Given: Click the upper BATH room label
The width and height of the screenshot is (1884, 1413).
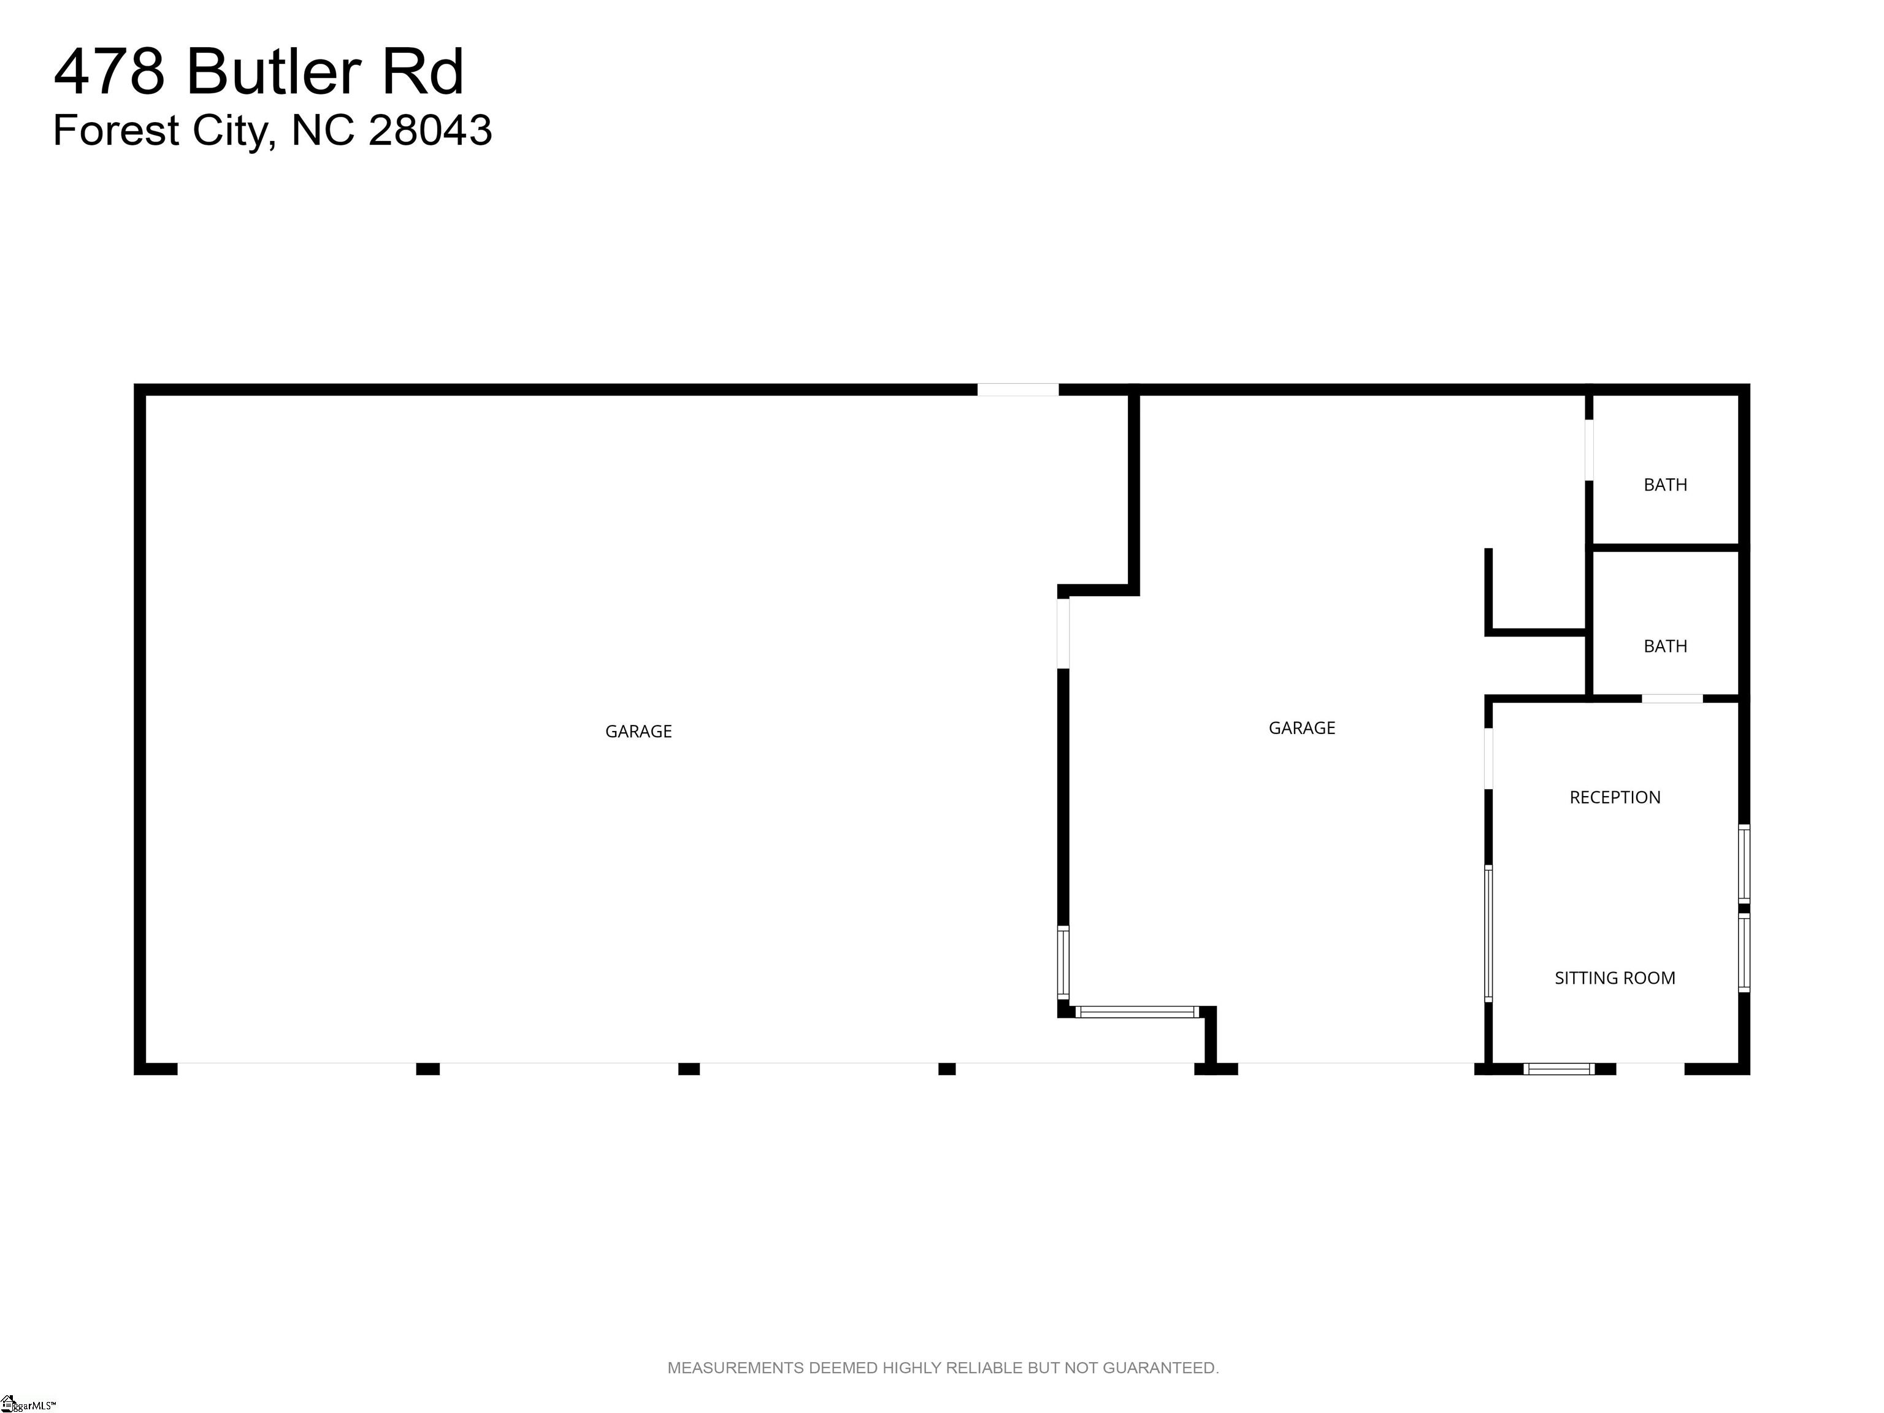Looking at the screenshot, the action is (x=1665, y=484).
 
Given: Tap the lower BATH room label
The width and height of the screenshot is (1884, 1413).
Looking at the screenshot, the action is (x=1665, y=646).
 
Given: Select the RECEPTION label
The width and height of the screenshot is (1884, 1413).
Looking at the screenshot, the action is (x=1615, y=797).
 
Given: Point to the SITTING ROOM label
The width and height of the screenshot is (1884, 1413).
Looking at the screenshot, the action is (x=1615, y=978).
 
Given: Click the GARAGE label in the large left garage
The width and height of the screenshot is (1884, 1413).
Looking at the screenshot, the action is (x=639, y=731).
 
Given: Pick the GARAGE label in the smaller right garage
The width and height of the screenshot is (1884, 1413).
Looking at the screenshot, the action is (x=1302, y=727).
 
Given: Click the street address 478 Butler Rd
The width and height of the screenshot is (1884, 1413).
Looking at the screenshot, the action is (x=259, y=72).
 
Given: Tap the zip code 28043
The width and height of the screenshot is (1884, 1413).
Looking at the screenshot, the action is (x=430, y=130).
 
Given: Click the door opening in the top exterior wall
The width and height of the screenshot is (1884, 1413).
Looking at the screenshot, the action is (x=1018, y=390).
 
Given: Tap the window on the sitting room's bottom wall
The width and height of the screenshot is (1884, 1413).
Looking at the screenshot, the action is (x=1558, y=1069).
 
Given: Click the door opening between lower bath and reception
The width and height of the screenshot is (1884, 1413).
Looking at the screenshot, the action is (x=1672, y=699).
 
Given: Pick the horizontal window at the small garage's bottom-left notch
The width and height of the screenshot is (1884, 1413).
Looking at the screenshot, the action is (x=1137, y=1012).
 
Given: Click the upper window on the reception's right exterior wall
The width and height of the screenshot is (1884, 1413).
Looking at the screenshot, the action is (x=1744, y=863).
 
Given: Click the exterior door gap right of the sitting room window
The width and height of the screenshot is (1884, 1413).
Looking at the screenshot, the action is (x=1650, y=1069).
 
